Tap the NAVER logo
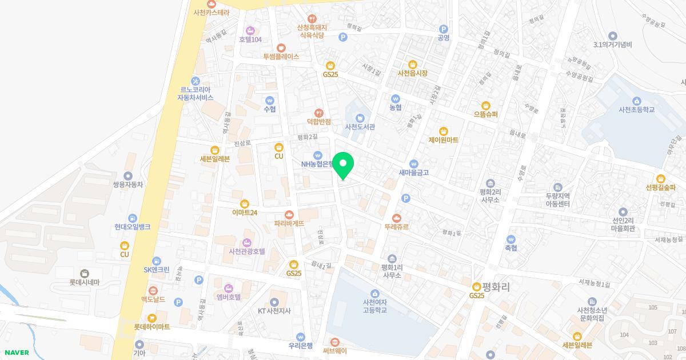pyautogui.click(x=15, y=353)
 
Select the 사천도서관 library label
pyautogui.click(x=360, y=126)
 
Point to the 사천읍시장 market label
pyautogui.click(x=412, y=73)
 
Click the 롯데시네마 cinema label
pyautogui.click(x=85, y=282)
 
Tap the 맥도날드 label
pyautogui.click(x=153, y=298)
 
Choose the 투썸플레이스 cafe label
pyautogui.click(x=281, y=57)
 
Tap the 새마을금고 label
pyautogui.click(x=414, y=171)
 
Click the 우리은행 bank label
pyautogui.click(x=301, y=345)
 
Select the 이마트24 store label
pyautogui.click(x=245, y=212)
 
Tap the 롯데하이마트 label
pyautogui.click(x=151, y=326)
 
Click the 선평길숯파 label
pyautogui.click(x=660, y=187)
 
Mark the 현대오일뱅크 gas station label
pyautogui.click(x=132, y=226)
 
